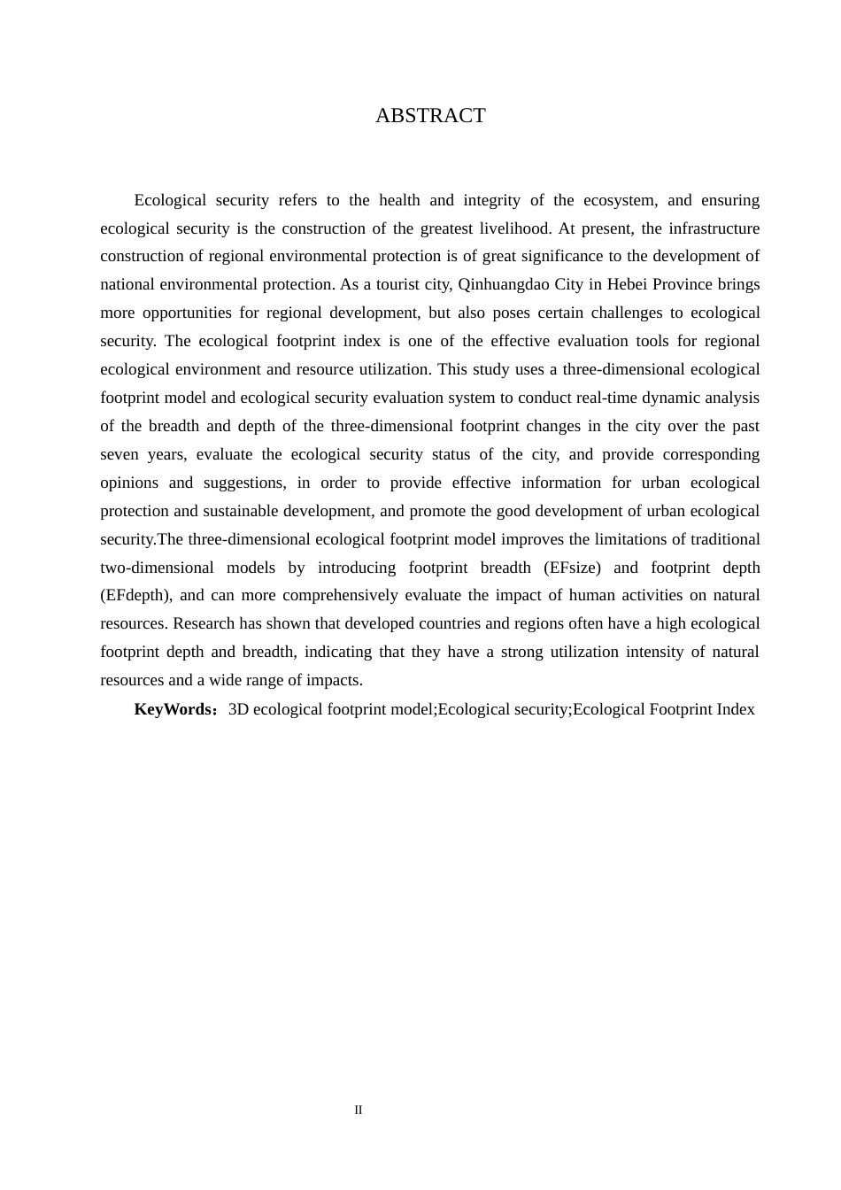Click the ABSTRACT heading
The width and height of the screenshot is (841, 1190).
(x=430, y=116)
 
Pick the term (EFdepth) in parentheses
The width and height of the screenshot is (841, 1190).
(x=134, y=596)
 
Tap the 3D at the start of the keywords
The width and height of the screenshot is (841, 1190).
(x=238, y=709)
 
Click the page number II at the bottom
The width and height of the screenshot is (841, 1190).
(x=359, y=1110)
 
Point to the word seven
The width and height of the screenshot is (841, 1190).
(x=120, y=454)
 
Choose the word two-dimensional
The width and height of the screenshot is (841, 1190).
(x=157, y=568)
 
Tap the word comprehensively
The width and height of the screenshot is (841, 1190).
(x=340, y=596)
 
